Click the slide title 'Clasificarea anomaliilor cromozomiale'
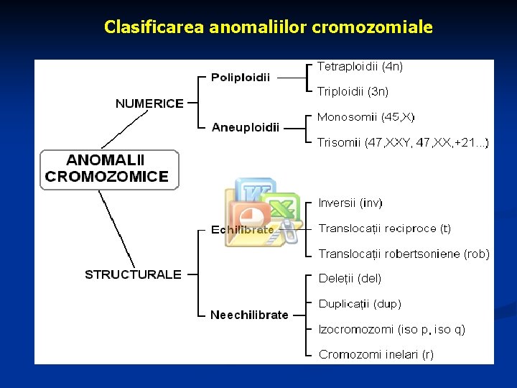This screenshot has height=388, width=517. [268, 27]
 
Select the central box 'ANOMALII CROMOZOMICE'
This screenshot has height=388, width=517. [108, 169]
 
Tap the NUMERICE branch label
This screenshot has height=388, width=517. [149, 103]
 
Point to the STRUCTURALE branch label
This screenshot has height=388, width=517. [133, 274]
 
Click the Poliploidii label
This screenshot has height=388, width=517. [241, 78]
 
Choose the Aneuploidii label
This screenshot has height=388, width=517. [246, 127]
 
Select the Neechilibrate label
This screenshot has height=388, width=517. [249, 315]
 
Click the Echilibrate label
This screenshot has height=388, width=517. [242, 230]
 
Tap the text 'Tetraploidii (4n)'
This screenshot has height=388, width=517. [360, 66]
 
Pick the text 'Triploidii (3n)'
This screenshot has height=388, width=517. [353, 91]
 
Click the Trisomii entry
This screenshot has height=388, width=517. [403, 142]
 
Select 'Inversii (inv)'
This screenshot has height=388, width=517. [350, 203]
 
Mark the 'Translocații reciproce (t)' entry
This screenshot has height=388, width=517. [385, 228]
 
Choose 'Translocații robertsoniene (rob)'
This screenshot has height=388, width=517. [404, 254]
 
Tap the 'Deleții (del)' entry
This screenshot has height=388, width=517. [350, 278]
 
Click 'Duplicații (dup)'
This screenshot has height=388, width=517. [360, 304]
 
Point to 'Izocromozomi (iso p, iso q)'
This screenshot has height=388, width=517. [392, 329]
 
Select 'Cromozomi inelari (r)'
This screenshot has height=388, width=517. [376, 354]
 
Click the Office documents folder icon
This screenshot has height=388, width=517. [263, 213]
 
